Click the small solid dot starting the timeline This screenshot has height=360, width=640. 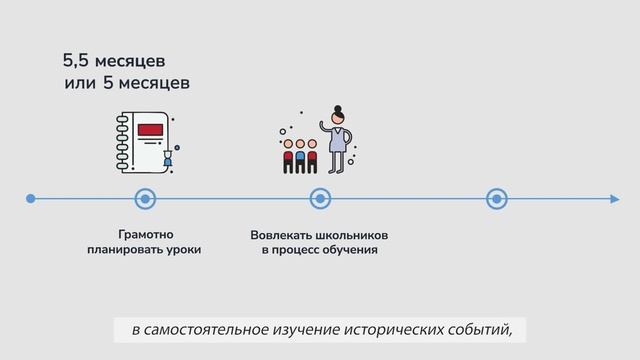point(30,199)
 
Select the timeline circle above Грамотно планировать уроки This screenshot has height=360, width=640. point(145,199)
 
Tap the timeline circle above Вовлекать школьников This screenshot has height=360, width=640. point(320,199)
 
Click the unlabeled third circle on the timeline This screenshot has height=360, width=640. point(496,199)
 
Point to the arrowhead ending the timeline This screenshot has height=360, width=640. point(614,199)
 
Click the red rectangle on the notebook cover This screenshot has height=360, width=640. point(150,129)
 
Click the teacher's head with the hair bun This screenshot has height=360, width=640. point(339,113)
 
